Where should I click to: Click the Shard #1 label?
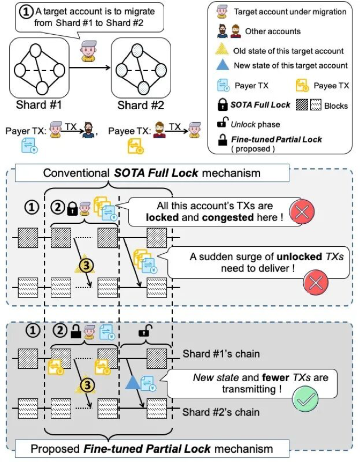click(37, 104)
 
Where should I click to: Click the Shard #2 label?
click(141, 104)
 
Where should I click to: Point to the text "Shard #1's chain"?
click(221, 354)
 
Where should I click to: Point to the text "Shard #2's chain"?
click(221, 412)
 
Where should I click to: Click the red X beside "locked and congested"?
click(301, 212)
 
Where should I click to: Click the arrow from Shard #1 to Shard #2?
click(90, 69)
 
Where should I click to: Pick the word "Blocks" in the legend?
click(336, 105)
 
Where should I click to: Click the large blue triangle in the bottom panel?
click(132, 383)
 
